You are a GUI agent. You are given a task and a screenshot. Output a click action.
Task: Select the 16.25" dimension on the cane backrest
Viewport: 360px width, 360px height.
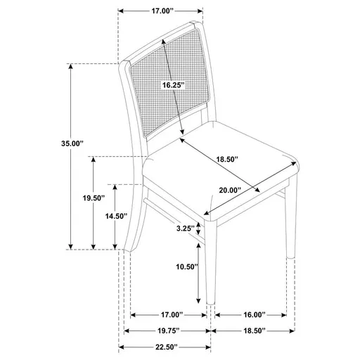[x=172, y=85]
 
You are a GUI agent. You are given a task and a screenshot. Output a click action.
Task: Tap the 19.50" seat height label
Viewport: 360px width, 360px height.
[x=93, y=199]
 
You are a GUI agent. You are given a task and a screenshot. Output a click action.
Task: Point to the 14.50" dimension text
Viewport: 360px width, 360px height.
[x=117, y=216]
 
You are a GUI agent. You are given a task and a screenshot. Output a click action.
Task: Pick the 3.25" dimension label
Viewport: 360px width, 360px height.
[x=185, y=228]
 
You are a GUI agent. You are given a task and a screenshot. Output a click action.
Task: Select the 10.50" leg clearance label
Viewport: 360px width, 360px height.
[x=186, y=267]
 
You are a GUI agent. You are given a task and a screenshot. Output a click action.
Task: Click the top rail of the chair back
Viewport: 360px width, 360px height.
[x=162, y=38]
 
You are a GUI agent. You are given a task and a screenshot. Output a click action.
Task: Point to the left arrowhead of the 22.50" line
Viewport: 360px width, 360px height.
[x=121, y=347]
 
